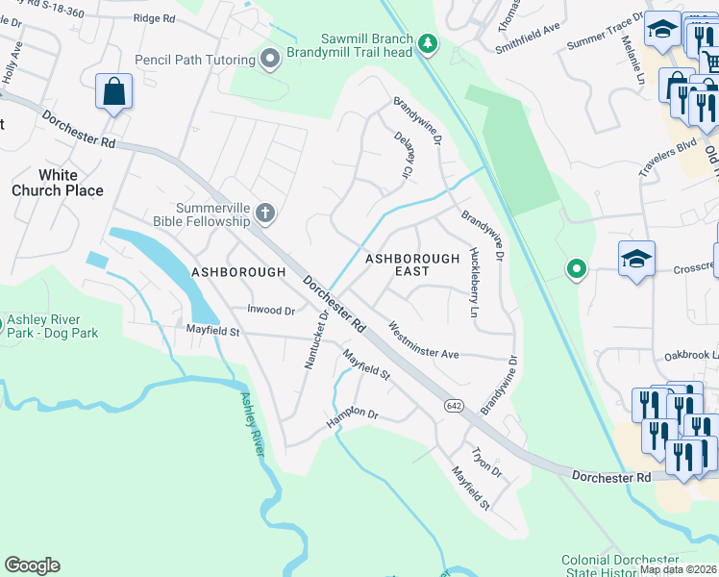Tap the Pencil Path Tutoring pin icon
pyautogui.click(x=270, y=60)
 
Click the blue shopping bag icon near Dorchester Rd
pyautogui.click(x=113, y=93)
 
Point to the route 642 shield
pyautogui.click(x=455, y=407)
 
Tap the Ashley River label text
pyautogui.click(x=253, y=424)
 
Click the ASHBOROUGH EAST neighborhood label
pyautogui.click(x=412, y=265)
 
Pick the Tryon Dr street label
pyautogui.click(x=485, y=461)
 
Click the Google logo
pyautogui.click(x=32, y=565)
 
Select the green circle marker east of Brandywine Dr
pyautogui.click(x=576, y=269)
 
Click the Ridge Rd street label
pyautogui.click(x=155, y=18)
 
